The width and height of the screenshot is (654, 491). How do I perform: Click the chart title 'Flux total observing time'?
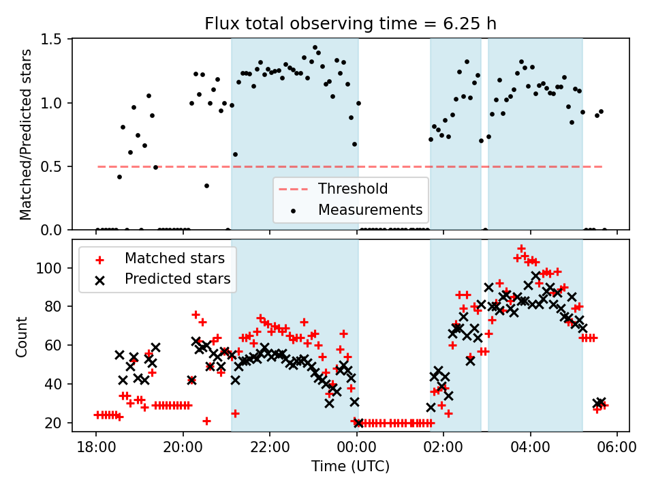pos(350,24)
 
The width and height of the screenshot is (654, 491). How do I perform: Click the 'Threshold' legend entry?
pos(353,189)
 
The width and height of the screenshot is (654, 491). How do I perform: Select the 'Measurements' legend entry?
pos(371,209)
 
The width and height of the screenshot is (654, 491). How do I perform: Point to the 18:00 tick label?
pos(96,449)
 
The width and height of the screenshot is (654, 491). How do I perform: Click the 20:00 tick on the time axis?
pos(183,449)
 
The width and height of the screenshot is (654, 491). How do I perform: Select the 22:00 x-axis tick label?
pos(270,449)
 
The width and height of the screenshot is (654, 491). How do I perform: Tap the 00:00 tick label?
pos(357,449)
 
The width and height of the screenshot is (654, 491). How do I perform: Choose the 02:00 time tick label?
pos(444,449)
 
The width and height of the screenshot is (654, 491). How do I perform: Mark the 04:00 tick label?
pos(531,449)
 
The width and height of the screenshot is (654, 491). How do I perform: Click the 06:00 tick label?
pos(617,449)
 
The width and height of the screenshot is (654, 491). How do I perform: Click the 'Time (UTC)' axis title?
pos(350,467)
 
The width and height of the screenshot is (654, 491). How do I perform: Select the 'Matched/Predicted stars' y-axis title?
pos(25,134)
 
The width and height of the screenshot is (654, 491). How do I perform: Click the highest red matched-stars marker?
pos(521,249)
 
